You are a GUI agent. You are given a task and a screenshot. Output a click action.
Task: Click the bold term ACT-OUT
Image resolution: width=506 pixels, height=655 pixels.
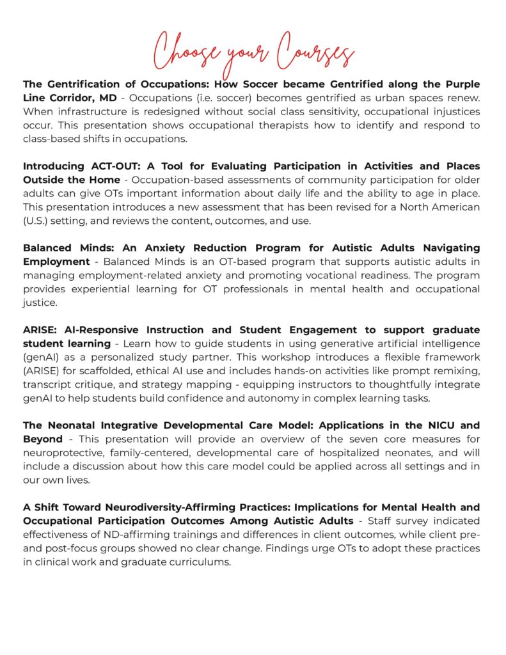[x=108, y=166]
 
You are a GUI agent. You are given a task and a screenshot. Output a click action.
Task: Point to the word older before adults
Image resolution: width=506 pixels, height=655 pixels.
[x=466, y=179]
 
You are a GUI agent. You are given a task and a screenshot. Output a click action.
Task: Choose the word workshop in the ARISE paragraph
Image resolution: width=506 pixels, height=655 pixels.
[x=255, y=357]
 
